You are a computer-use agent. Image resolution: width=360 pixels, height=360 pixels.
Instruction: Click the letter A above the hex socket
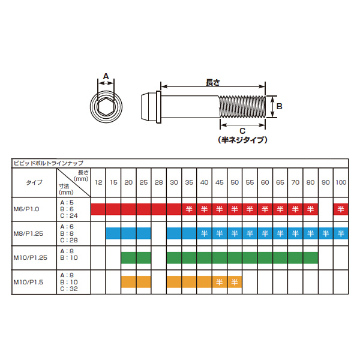pyautogui.click(x=106, y=76)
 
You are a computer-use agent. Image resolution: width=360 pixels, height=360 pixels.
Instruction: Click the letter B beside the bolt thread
pyautogui.click(x=279, y=106)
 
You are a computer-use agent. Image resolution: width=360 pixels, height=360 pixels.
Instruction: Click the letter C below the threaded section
pyautogui.click(x=242, y=131)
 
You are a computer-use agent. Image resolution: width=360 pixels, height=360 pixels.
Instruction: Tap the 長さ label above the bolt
pyautogui.click(x=213, y=82)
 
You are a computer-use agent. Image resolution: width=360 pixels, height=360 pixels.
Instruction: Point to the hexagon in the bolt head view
pyautogui.click(x=106, y=107)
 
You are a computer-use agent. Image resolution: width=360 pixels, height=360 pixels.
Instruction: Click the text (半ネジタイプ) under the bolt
pyautogui.click(x=242, y=140)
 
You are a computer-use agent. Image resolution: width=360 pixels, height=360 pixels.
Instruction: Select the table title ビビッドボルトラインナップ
pyautogui.click(x=49, y=163)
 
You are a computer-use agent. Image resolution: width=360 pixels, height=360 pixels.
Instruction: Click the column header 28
pyautogui.click(x=158, y=182)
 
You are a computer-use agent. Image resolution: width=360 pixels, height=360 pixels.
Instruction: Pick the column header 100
pyautogui.click(x=341, y=182)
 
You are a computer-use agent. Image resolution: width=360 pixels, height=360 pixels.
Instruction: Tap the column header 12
pyautogui.click(x=98, y=182)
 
